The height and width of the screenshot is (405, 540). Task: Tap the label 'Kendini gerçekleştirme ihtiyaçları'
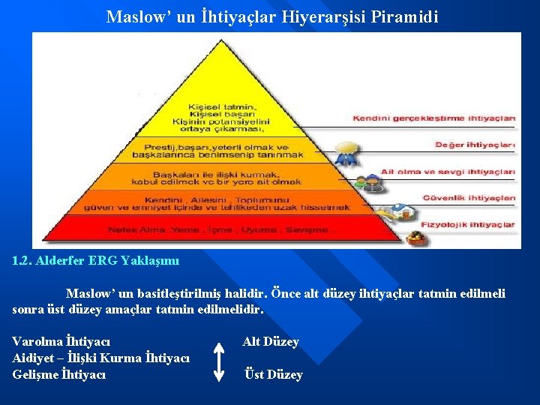(x=434, y=118)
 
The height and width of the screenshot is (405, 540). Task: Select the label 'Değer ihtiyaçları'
(x=475, y=144)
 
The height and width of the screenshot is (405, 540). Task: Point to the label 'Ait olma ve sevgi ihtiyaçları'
(x=448, y=172)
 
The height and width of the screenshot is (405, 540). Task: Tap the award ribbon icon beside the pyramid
(x=346, y=157)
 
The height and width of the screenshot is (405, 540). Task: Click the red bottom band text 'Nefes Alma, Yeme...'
(x=222, y=229)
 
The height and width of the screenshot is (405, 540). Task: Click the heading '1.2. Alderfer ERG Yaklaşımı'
(x=96, y=262)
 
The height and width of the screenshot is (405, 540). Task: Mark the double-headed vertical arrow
(x=219, y=361)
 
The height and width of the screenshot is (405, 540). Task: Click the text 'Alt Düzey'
(x=270, y=342)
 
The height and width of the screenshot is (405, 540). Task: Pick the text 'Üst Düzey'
(x=274, y=375)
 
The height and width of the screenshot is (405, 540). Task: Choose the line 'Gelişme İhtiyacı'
(x=59, y=374)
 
